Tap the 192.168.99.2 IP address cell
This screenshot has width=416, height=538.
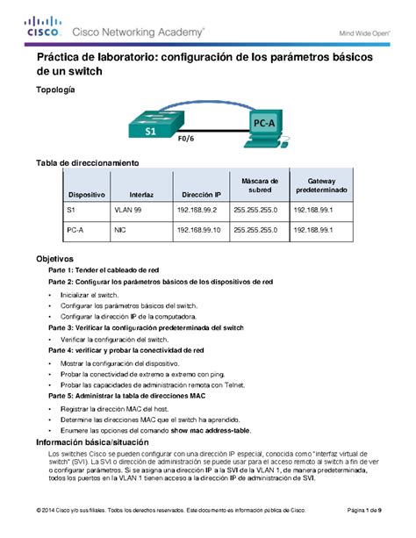(199, 212)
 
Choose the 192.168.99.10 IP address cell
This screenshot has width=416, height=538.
(201, 230)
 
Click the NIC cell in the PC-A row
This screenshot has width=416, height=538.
(120, 230)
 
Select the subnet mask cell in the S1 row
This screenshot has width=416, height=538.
(255, 212)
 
